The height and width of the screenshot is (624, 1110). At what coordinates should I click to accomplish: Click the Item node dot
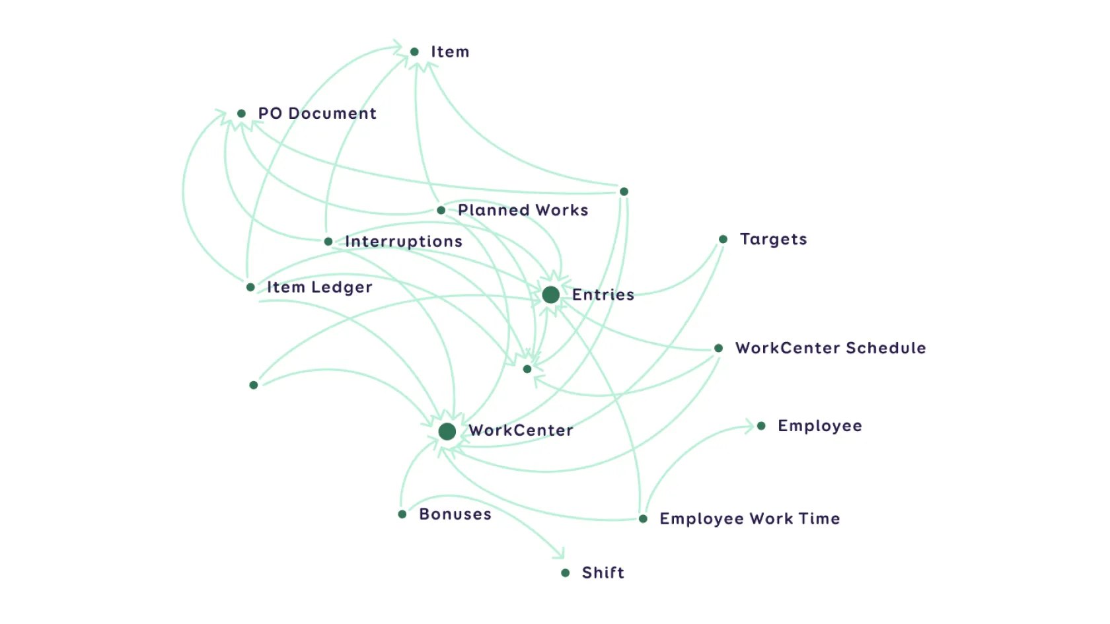point(414,52)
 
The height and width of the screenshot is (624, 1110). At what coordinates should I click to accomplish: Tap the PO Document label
point(317,114)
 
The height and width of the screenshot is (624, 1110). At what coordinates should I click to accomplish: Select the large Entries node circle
point(550,295)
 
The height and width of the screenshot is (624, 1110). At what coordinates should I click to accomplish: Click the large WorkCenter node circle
point(447,431)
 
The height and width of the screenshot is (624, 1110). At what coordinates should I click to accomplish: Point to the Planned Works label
point(523,210)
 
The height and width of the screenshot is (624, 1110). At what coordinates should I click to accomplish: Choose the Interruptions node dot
point(328,242)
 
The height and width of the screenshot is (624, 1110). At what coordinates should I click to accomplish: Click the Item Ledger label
point(319,287)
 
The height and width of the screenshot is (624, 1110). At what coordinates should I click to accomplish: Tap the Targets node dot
point(723,239)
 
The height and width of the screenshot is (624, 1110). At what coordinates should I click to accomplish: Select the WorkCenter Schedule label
point(831,348)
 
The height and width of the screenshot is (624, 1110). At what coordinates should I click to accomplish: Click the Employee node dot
point(761,426)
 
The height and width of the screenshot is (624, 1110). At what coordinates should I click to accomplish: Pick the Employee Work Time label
point(749,518)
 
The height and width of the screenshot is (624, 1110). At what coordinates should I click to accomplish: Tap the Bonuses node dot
point(402,514)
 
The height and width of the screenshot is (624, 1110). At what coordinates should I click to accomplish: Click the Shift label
point(603,572)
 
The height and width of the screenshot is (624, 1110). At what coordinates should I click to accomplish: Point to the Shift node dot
point(565,572)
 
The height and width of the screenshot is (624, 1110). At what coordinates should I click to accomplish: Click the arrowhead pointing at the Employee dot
point(749,426)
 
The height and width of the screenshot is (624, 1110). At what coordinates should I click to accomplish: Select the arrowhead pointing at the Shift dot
point(560,553)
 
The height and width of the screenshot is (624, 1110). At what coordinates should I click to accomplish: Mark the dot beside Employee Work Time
point(643,518)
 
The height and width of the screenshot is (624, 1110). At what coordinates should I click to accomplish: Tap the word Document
point(332,114)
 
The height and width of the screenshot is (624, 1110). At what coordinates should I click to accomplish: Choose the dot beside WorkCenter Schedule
point(718,348)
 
